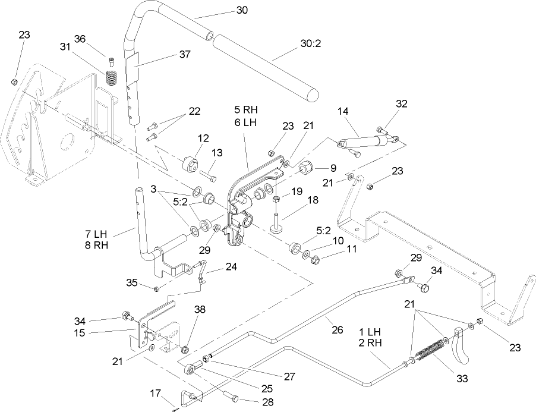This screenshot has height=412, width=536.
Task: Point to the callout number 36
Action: (80, 39)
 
